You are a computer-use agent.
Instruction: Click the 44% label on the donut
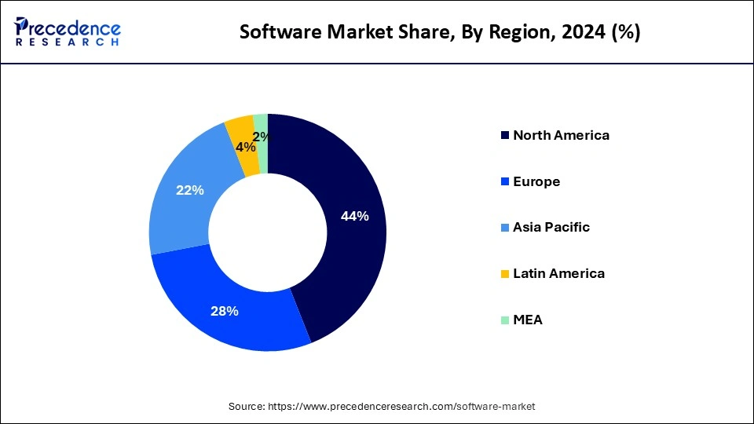pyautogui.click(x=355, y=217)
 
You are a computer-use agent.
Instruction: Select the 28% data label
pyautogui.click(x=225, y=311)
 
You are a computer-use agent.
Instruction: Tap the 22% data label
pyautogui.click(x=190, y=190)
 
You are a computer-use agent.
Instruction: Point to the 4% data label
pyautogui.click(x=245, y=147)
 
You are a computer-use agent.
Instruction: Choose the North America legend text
pyautogui.click(x=561, y=135)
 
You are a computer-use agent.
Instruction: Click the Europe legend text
pyautogui.click(x=536, y=181)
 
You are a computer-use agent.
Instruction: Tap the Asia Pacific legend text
pyautogui.click(x=551, y=228)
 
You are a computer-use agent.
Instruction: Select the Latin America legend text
pyautogui.click(x=558, y=274)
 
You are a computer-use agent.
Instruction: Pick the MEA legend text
pyautogui.click(x=527, y=320)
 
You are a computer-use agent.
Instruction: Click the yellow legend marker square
pyautogui.click(x=504, y=274)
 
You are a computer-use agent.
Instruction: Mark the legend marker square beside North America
pyautogui.click(x=504, y=136)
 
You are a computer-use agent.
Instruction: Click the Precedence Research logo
pyautogui.click(x=68, y=31)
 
